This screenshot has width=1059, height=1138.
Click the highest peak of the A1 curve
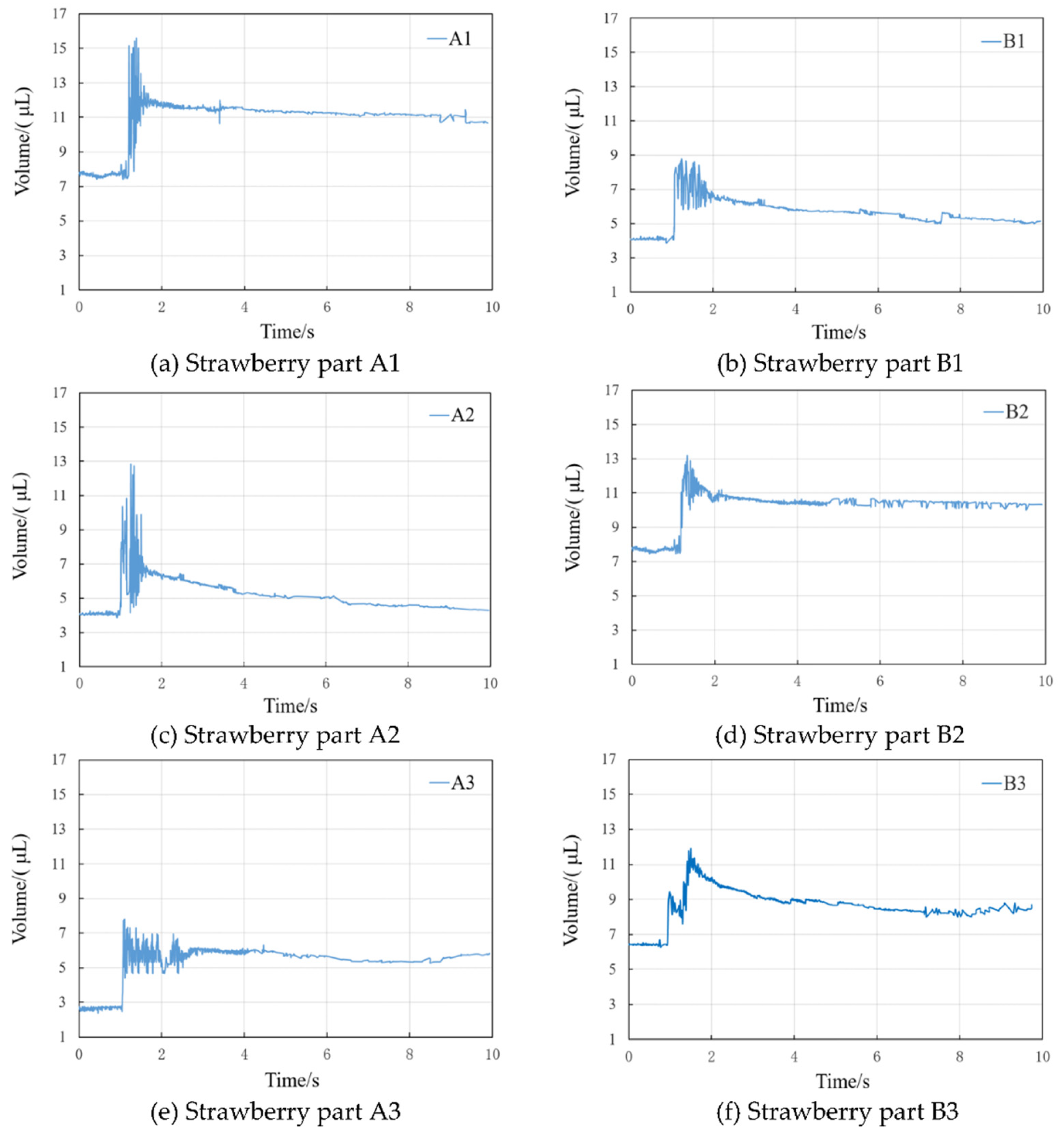coord(136,39)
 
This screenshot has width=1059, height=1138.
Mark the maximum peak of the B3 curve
coord(690,849)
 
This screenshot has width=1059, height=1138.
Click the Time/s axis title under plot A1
coord(287,331)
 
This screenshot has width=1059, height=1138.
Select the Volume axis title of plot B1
coord(573,143)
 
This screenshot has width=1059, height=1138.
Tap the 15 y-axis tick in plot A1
coord(59,49)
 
